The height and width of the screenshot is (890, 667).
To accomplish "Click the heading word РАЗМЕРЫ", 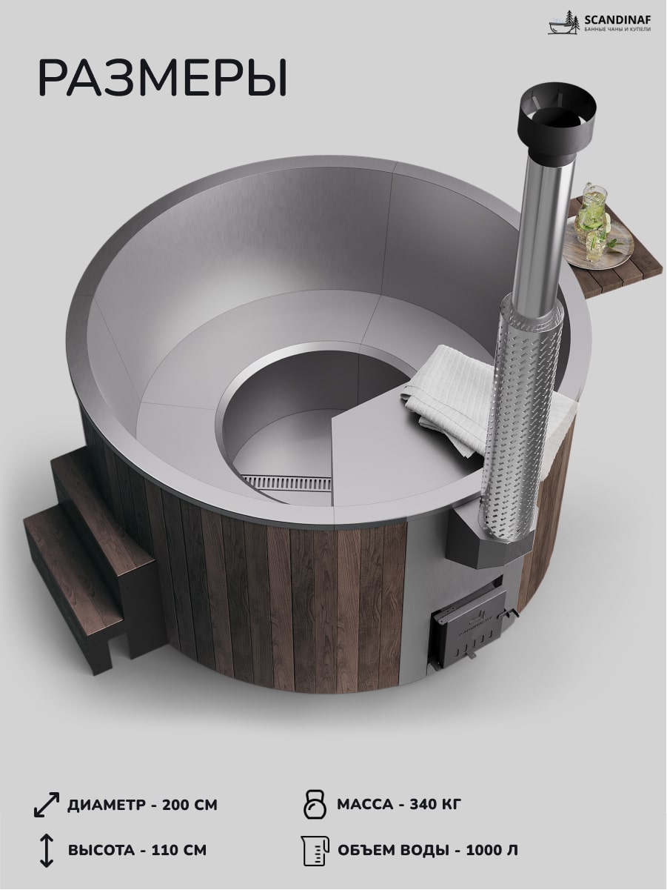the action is pos(163,78).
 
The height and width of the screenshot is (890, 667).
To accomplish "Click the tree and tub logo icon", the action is pos(565,23).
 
